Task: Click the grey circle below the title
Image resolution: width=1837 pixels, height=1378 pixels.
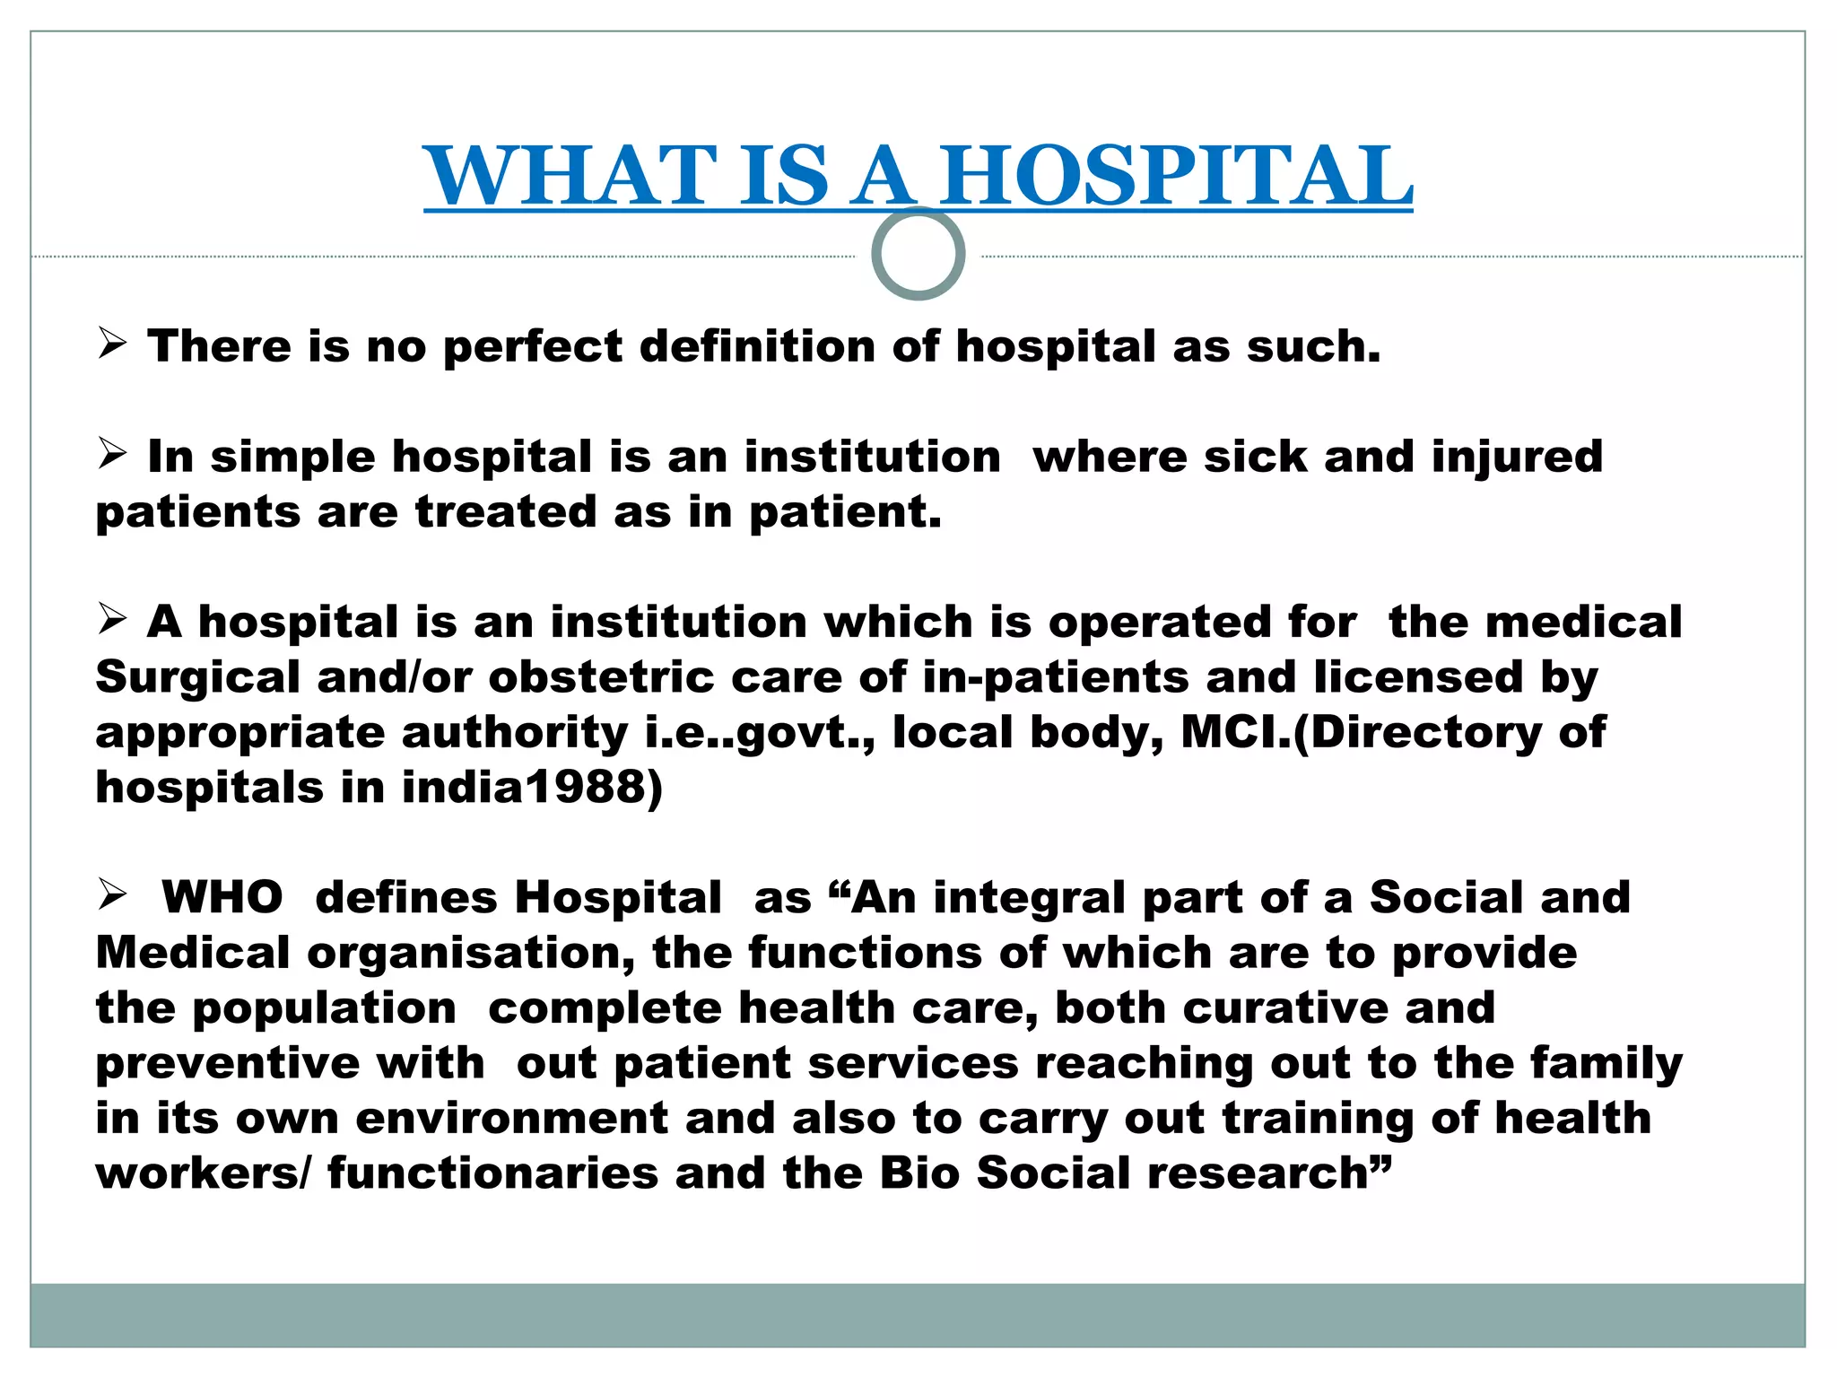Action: pyautogui.click(x=918, y=254)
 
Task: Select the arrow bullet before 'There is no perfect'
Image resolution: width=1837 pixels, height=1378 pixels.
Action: pyautogui.click(x=112, y=344)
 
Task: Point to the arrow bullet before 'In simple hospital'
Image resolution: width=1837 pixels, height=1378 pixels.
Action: pyautogui.click(x=112, y=454)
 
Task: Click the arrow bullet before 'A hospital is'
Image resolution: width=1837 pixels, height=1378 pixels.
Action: pyautogui.click(x=112, y=619)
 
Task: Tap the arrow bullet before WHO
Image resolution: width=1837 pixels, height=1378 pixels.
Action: pyautogui.click(x=112, y=894)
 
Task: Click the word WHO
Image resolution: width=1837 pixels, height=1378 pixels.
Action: pyautogui.click(x=222, y=897)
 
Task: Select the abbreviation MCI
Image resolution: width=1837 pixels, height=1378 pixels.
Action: pyautogui.click(x=1233, y=732)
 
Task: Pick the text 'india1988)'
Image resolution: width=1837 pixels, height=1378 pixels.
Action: pyautogui.click(x=532, y=788)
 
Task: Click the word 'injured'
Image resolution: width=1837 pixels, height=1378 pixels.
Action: pyautogui.click(x=1517, y=458)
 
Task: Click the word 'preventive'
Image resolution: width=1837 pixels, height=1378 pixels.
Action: pyautogui.click(x=228, y=1064)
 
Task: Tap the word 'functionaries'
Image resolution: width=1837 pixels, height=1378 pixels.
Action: pyautogui.click(x=492, y=1173)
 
